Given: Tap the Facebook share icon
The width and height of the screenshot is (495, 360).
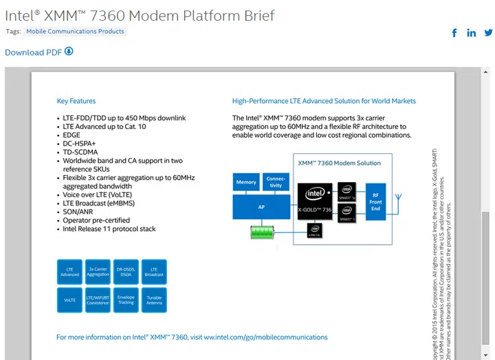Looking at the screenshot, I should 454,33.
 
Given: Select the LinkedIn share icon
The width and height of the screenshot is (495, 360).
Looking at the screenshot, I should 472,33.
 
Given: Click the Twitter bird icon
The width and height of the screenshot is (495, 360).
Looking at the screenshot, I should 488,33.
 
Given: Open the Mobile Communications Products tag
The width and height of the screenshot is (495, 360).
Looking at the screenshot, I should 76,32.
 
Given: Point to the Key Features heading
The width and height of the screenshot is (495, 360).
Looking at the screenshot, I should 76,101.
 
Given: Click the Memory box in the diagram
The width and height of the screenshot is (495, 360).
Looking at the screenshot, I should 246,182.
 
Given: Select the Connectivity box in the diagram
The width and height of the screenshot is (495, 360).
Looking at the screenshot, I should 276,182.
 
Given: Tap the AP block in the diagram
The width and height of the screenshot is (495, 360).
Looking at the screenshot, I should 261,205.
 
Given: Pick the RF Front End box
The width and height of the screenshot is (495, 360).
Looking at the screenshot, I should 375,200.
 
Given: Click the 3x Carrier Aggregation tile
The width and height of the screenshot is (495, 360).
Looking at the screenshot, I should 98,271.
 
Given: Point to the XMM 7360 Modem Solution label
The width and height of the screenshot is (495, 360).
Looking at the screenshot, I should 339,163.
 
